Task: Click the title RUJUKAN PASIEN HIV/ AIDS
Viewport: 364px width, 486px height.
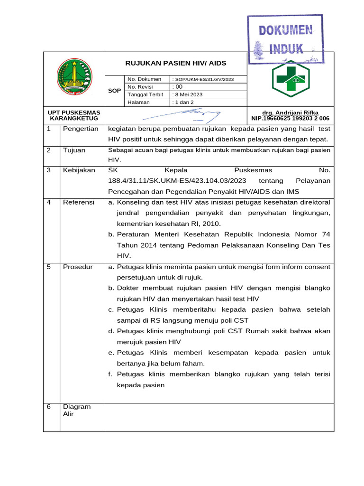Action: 175,63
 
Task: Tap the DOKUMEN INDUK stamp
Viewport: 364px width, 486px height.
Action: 285,39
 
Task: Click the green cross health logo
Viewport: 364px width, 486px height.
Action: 290,79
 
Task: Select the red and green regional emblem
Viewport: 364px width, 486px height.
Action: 73,76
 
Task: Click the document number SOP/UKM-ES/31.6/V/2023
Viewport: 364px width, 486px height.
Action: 204,79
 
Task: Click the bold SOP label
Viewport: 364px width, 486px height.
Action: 114,90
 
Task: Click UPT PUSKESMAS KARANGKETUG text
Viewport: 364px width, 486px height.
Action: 74,115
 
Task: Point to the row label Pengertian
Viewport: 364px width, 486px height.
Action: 81,129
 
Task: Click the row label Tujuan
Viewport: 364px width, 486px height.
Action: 74,150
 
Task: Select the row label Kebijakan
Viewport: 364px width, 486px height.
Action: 79,170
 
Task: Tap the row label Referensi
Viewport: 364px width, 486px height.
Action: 79,202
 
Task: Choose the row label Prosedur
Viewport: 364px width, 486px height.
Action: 78,267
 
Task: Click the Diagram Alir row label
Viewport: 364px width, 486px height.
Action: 76,410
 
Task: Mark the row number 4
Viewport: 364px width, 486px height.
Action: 48,202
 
